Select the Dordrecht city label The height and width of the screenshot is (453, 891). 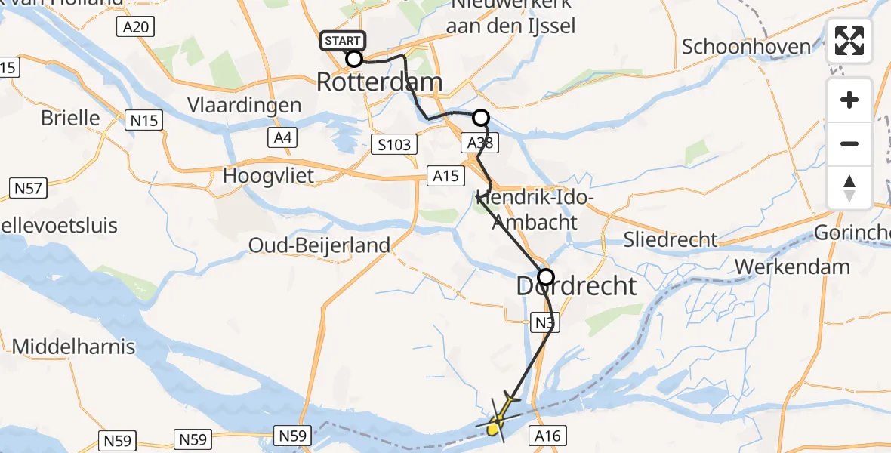[577, 286]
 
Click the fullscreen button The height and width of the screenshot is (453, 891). [849, 42]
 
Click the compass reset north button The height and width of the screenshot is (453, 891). [849, 188]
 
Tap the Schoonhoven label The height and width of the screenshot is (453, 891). [746, 46]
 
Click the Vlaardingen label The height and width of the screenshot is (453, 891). [246, 106]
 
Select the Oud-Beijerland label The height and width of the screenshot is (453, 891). [320, 245]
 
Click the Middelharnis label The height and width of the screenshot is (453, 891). [74, 347]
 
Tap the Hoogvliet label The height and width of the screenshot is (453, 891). [268, 176]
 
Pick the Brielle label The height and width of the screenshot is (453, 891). [70, 118]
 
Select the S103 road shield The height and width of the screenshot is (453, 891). [394, 144]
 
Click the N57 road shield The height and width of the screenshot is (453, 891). [28, 187]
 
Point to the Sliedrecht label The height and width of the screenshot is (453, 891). [671, 240]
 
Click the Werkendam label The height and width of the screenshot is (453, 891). [792, 267]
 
